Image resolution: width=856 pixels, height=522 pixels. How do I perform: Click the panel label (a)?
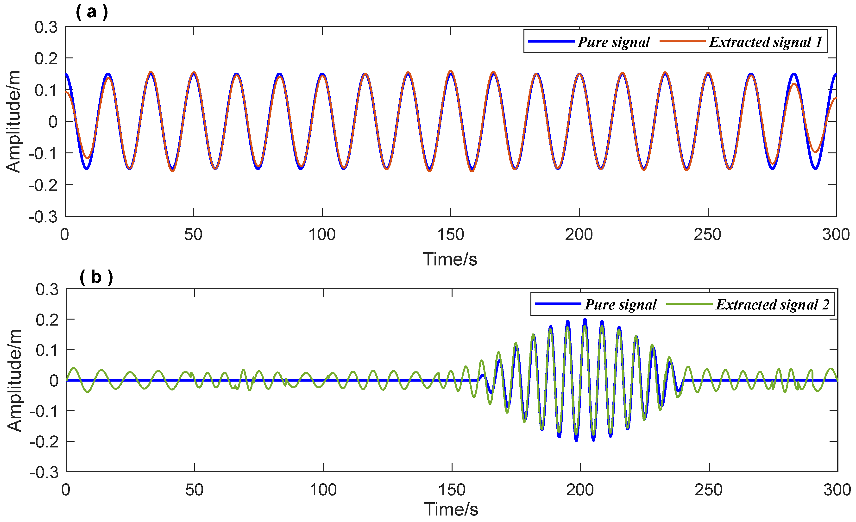click(x=92, y=12)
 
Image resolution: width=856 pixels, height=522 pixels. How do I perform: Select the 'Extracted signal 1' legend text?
click(x=766, y=42)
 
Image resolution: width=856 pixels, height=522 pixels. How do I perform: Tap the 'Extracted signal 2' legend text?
click(x=773, y=305)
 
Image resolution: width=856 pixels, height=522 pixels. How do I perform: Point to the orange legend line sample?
click(x=682, y=41)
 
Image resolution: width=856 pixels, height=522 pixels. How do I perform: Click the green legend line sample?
click(x=689, y=304)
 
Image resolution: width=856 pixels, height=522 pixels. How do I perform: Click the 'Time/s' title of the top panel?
click(x=450, y=259)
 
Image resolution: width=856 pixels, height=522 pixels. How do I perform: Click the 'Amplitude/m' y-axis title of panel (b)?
click(x=15, y=381)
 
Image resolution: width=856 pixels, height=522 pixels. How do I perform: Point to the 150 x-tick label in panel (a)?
click(x=451, y=235)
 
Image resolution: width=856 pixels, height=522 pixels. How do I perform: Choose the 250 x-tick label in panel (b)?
click(x=708, y=490)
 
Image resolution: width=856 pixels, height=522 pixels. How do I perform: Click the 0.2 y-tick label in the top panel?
click(x=46, y=58)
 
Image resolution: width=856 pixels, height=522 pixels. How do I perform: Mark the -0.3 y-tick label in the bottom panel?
click(x=44, y=472)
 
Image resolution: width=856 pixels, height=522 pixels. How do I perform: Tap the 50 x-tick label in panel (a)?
click(x=193, y=235)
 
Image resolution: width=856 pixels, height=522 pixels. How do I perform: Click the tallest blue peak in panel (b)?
click(x=585, y=320)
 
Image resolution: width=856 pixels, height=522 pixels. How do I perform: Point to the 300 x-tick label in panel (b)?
click(x=837, y=490)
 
